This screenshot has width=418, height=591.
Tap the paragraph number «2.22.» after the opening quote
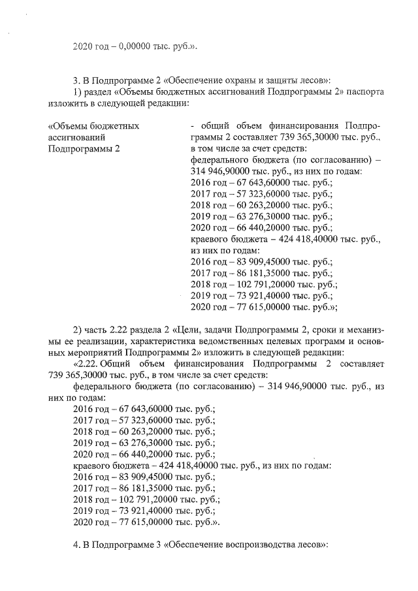click(89, 363)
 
